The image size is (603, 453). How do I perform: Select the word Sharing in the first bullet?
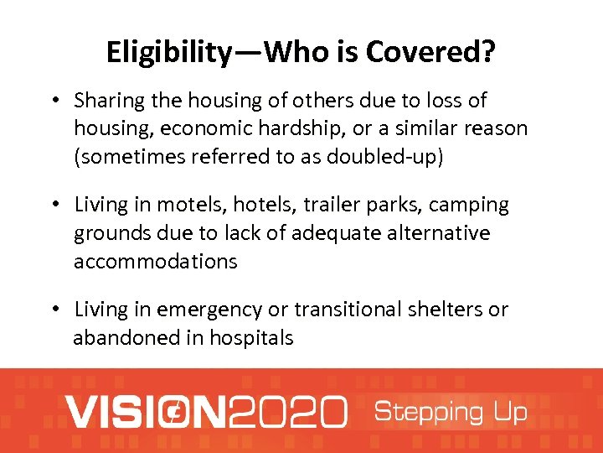tap(106, 101)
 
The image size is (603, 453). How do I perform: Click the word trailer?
tap(319, 205)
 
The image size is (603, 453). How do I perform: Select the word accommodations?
tap(156, 261)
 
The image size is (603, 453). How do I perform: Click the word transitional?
tap(353, 310)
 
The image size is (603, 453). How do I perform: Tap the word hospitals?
tap(251, 338)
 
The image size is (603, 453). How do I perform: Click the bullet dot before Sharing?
tap(53, 102)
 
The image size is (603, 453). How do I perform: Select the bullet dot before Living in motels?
tap(53, 206)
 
